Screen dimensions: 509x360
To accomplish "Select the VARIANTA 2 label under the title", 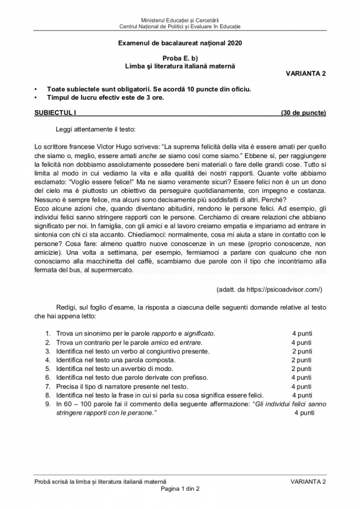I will point(306,73).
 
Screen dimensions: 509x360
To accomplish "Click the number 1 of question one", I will point(47,334).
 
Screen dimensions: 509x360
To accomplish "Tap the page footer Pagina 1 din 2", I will point(179,489).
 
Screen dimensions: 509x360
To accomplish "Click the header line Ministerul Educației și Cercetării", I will point(179,21).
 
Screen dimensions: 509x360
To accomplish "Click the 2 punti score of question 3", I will point(302,352).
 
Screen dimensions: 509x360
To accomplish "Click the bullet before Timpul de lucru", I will point(37,98).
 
